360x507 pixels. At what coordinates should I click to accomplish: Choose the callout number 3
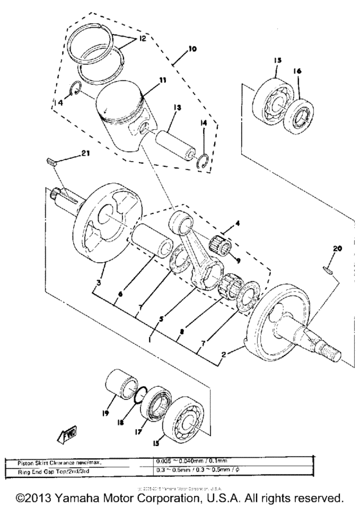(x=97, y=283)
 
